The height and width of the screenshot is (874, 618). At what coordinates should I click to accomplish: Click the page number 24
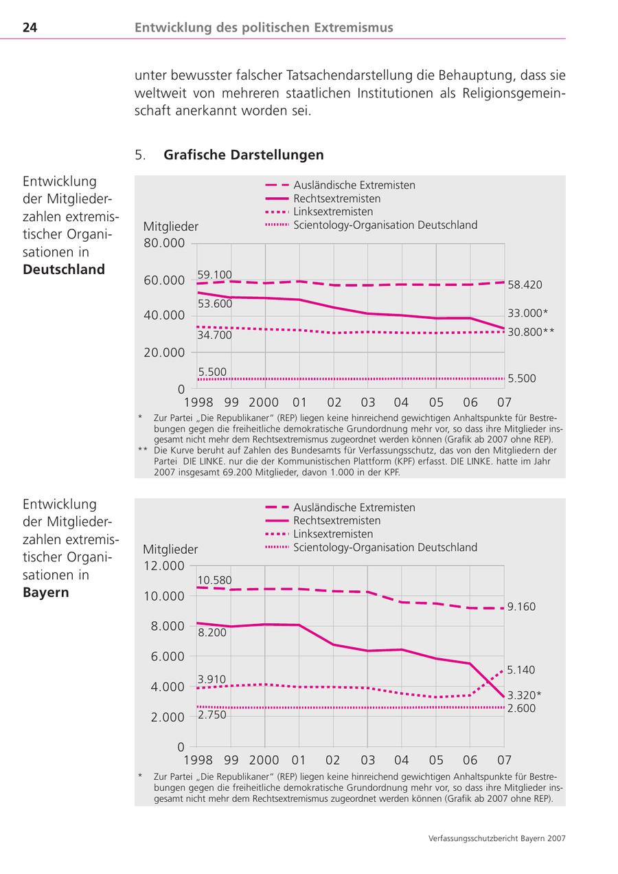pos(30,27)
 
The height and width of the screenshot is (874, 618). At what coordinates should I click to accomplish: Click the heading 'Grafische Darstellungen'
pos(243,155)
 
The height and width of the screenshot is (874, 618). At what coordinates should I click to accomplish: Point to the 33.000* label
pos(527,313)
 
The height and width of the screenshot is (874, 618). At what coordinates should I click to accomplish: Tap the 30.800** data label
pos(531,331)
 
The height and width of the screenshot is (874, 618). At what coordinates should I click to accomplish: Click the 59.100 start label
pos(214,275)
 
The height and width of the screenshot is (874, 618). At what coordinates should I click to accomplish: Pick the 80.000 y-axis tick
pos(164,243)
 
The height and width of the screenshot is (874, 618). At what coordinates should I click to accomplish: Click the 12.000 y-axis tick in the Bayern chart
pos(164,565)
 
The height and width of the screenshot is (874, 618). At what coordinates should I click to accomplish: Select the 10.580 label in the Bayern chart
pos(214,580)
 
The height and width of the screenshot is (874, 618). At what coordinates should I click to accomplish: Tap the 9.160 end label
pos(521,607)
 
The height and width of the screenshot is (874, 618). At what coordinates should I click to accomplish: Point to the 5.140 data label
pos(521,669)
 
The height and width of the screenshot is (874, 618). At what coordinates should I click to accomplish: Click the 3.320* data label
pos(524,695)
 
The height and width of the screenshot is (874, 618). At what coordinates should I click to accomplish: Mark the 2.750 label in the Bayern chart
pos(211,715)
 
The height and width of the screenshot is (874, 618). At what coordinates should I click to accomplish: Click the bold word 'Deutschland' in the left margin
pos(64,269)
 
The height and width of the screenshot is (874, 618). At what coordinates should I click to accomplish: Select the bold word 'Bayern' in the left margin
pos(46,592)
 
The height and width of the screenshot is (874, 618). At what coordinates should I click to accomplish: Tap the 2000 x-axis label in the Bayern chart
pos(264,760)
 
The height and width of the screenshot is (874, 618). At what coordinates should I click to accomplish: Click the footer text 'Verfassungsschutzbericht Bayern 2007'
pos(496,838)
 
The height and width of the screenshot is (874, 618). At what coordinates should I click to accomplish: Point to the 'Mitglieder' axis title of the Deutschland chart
pos(171,227)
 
